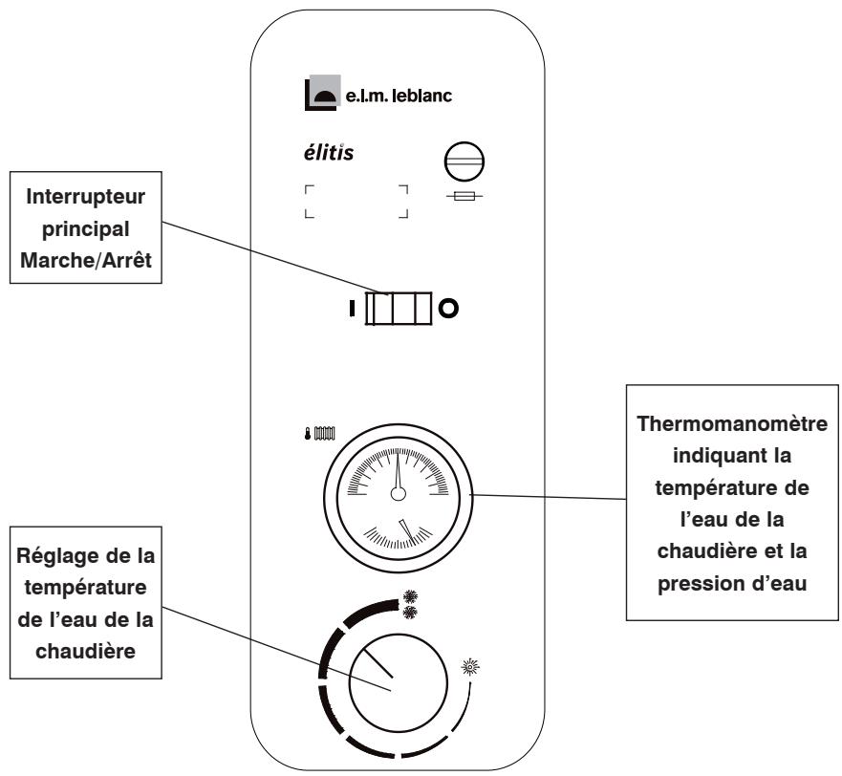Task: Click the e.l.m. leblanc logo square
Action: pos(322,93)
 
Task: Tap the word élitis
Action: pos(329,153)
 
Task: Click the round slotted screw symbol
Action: pos(464,162)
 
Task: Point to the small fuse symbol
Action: pos(464,197)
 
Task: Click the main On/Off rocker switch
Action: pos(398,309)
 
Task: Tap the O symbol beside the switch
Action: pos(448,309)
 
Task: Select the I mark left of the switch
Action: pos(352,309)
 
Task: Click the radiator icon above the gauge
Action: pos(324,433)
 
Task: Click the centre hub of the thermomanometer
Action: pos(398,493)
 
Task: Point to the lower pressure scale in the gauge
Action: pos(399,536)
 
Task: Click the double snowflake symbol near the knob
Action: pos(410,605)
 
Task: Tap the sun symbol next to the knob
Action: pos(470,667)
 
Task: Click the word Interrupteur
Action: pos(85,197)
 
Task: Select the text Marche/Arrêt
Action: pos(86,261)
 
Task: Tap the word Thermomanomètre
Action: pos(732,423)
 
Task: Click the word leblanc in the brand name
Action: pos(422,96)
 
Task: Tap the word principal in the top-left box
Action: pos(86,229)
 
